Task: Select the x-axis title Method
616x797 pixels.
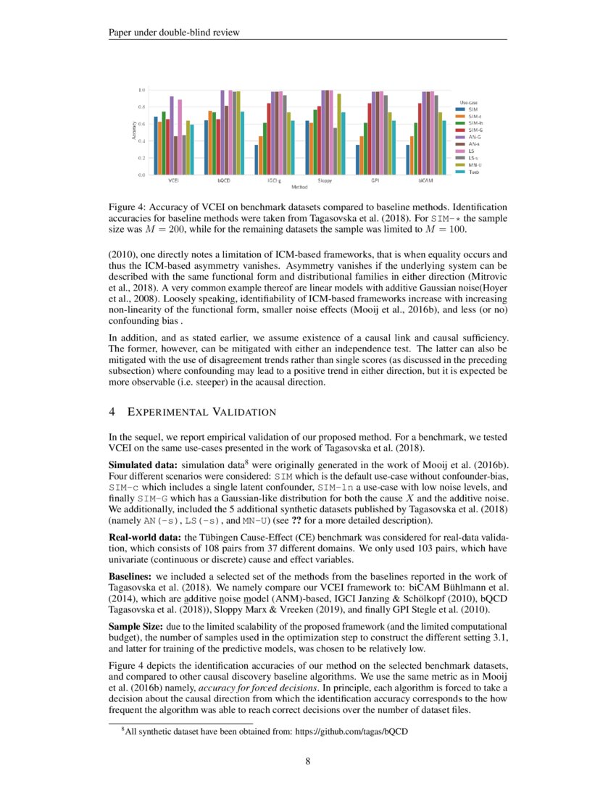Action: coord(300,186)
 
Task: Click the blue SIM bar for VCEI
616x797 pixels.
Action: coord(156,146)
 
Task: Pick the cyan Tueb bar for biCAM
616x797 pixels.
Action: coord(444,147)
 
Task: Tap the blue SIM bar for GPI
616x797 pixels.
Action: coord(357,159)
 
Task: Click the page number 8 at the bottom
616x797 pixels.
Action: coord(307,761)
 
